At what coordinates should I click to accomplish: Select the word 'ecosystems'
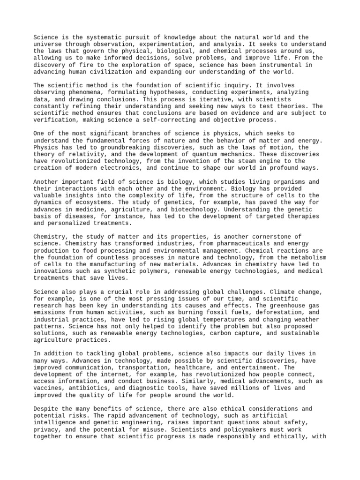(x=90, y=202)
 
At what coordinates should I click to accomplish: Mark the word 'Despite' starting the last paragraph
(x=45, y=408)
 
